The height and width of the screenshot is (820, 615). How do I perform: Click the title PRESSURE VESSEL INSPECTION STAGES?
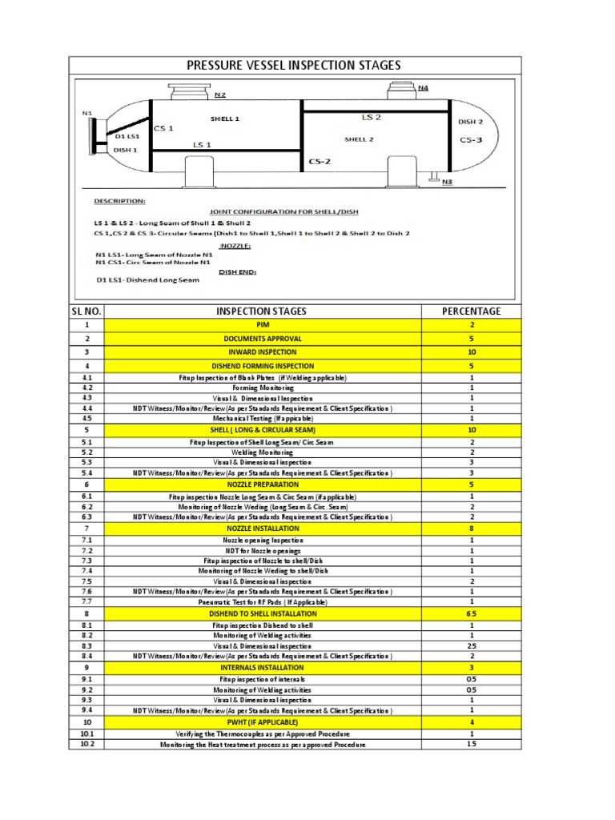(x=294, y=65)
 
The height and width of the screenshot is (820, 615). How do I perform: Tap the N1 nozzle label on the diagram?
(x=87, y=113)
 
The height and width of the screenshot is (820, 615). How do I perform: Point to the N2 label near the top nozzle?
(x=220, y=95)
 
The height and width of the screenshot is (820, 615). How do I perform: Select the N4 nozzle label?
(x=423, y=87)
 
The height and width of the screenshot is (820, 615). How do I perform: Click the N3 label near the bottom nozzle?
(x=447, y=183)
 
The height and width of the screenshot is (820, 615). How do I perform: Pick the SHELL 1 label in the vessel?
(x=225, y=119)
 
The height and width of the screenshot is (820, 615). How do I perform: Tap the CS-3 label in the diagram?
(x=471, y=139)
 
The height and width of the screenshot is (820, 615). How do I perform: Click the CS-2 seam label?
(x=320, y=161)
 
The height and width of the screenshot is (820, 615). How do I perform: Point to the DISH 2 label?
(x=470, y=122)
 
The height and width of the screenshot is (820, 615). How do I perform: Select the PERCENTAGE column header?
(x=472, y=311)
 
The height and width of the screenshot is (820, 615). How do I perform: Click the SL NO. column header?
(x=86, y=311)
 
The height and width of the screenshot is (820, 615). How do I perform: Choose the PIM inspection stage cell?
(x=263, y=325)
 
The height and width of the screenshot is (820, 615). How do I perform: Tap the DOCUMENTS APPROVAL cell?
(x=263, y=339)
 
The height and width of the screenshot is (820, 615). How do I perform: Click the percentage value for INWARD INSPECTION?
(x=472, y=352)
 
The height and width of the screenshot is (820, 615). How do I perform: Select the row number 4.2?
(x=86, y=388)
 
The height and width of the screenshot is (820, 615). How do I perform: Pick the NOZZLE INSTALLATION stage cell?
(x=263, y=529)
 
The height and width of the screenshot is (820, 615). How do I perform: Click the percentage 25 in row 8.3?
(x=472, y=645)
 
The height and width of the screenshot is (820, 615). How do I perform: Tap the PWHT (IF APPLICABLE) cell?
(x=263, y=722)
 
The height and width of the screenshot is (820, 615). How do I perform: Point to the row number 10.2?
(x=86, y=744)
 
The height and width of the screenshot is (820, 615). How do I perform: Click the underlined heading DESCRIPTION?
(x=119, y=201)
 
